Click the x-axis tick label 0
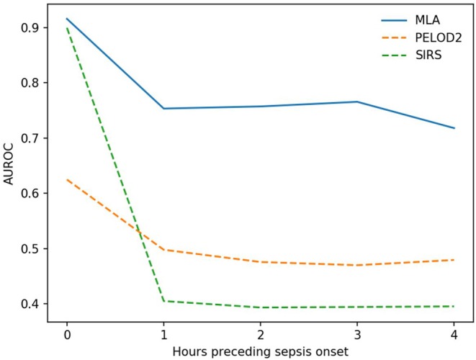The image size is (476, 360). pyautogui.click(x=67, y=335)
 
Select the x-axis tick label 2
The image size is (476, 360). pyautogui.click(x=261, y=335)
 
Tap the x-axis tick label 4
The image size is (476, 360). pyautogui.click(x=454, y=335)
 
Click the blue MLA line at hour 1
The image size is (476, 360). pyautogui.click(x=164, y=109)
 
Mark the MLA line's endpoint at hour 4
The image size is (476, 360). pyautogui.click(x=454, y=128)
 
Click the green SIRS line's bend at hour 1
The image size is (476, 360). pyautogui.click(x=164, y=301)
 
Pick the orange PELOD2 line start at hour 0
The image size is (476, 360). pyautogui.click(x=67, y=179)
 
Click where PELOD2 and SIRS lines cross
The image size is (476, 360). pyautogui.click(x=138, y=234)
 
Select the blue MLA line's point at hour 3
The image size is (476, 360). pyautogui.click(x=358, y=102)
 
